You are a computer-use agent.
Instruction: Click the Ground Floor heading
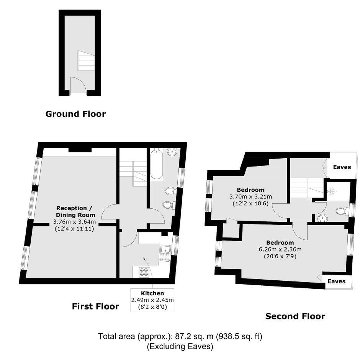(75, 114)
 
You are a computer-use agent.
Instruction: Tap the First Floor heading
(95, 306)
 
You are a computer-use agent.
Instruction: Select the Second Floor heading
(295, 316)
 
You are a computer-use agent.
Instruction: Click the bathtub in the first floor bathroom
(157, 164)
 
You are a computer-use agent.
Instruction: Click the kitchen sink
(165, 253)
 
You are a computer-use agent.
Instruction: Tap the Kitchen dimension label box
(152, 300)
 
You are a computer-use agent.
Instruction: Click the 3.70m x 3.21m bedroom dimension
(250, 197)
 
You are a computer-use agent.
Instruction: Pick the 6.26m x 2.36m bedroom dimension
(280, 250)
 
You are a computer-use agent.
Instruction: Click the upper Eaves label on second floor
(342, 167)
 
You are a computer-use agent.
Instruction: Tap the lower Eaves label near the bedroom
(336, 281)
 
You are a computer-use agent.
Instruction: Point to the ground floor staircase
(86, 61)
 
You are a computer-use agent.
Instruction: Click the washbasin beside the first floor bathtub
(172, 152)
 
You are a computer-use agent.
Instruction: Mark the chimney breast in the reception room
(80, 150)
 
